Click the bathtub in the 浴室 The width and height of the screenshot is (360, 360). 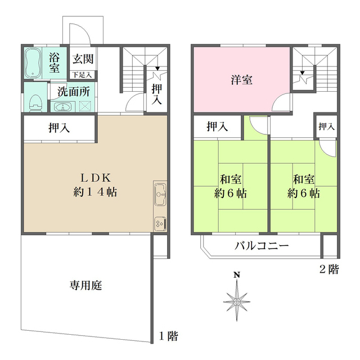[x=33, y=62]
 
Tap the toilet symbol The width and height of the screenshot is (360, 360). [x=35, y=103]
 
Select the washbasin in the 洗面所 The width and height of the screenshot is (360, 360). [x=62, y=107]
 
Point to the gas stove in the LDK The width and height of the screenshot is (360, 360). [x=160, y=223]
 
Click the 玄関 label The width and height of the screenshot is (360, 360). [x=83, y=59]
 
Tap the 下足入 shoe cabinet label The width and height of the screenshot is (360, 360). [x=82, y=75]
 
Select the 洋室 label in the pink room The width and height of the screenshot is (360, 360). [x=241, y=80]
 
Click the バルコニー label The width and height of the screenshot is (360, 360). [x=262, y=246]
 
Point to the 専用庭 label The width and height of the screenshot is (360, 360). [x=86, y=285]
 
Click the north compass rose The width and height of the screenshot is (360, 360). [x=237, y=301]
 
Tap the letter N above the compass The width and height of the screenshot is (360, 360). [x=237, y=275]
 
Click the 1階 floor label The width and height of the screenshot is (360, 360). [x=169, y=336]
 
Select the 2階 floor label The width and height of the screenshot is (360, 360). [x=329, y=269]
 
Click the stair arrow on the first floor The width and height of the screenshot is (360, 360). [x=157, y=68]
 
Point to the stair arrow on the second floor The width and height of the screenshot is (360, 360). [x=303, y=73]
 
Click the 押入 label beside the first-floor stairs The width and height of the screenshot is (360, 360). [x=157, y=94]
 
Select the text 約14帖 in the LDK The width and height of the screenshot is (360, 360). [x=95, y=192]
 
